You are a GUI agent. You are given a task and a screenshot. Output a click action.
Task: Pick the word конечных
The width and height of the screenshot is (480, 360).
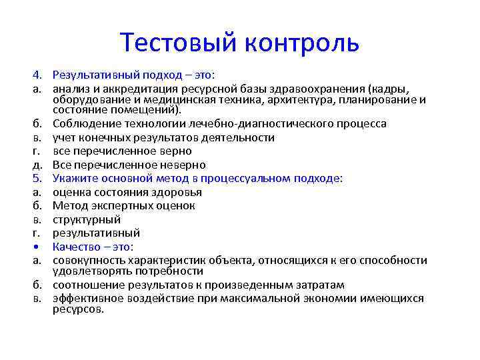click(x=106, y=137)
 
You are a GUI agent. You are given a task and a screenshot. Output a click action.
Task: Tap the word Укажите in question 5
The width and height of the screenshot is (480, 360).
click(x=74, y=179)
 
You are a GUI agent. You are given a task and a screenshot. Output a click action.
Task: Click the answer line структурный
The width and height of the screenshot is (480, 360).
click(x=87, y=219)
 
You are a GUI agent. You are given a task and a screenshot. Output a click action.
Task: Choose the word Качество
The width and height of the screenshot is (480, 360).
click(x=76, y=247)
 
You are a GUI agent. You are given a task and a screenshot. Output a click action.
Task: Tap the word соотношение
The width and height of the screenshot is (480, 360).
click(x=87, y=285)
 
